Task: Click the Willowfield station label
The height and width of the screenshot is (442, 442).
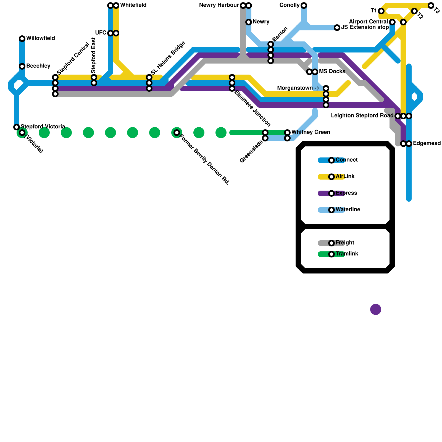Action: [x=40, y=38]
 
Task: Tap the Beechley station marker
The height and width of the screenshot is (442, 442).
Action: [x=22, y=66]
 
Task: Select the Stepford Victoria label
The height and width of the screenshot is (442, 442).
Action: [x=43, y=127]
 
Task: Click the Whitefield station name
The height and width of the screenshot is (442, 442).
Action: [x=133, y=5]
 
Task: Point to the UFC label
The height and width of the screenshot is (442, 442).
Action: [x=101, y=33]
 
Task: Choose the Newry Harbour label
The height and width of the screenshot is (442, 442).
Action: [x=219, y=5]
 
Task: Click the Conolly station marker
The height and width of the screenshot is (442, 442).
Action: [x=304, y=6]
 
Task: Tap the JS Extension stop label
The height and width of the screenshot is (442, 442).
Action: [x=365, y=27]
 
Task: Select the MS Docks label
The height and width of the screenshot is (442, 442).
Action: [x=332, y=72]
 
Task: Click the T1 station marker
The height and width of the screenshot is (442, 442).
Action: [x=381, y=11]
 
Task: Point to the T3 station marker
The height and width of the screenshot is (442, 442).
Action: [x=431, y=6]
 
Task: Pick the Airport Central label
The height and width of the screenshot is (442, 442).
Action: [x=368, y=22]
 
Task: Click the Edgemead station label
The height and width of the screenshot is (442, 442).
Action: [x=427, y=143]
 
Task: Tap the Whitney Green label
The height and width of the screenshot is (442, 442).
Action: [x=311, y=132]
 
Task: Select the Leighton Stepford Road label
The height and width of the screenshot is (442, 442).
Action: [x=362, y=116]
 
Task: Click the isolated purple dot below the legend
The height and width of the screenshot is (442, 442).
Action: [x=376, y=309]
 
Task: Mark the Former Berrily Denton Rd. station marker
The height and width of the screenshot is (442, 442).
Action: [x=177, y=133]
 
